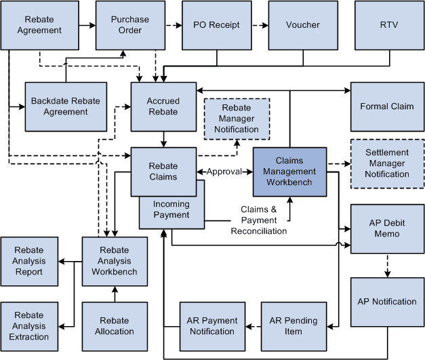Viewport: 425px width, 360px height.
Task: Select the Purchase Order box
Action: point(129,25)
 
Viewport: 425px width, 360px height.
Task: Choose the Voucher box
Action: point(302,25)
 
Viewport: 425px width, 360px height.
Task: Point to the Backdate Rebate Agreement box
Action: point(65,106)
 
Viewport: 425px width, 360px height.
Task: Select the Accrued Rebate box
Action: point(163,106)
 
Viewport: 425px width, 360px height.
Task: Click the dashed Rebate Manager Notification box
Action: point(236,118)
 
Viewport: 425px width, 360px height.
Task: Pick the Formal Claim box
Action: point(387,106)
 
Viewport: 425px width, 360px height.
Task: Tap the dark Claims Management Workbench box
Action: point(289,172)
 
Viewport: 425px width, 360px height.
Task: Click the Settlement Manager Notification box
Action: point(387,163)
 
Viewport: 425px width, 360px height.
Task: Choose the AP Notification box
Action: point(387,302)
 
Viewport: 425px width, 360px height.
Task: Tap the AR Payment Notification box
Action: point(211,326)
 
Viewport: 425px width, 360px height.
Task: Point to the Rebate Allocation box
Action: point(114,326)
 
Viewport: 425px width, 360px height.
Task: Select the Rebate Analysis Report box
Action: point(28,261)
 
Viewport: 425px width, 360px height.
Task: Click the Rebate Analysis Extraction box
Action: point(28,326)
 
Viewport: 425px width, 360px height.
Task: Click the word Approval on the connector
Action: point(224,172)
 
